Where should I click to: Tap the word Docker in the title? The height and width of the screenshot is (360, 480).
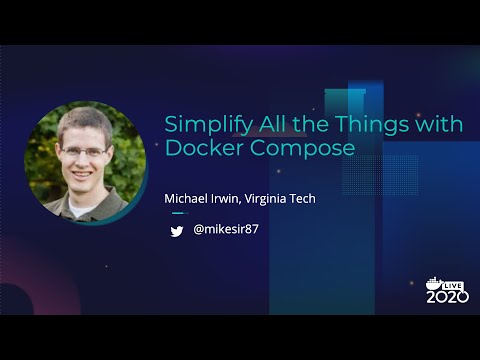(200, 149)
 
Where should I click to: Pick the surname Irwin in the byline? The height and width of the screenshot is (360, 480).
(230, 199)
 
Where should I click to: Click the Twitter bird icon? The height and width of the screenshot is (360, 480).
(177, 231)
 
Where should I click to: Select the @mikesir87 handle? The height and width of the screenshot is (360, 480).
(226, 230)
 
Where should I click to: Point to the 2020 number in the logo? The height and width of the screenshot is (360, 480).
(447, 297)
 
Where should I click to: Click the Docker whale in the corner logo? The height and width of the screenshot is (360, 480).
(433, 283)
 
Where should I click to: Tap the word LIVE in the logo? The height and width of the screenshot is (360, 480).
(455, 284)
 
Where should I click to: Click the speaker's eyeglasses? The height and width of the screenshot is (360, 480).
(83, 153)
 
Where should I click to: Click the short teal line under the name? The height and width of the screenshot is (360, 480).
(179, 213)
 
